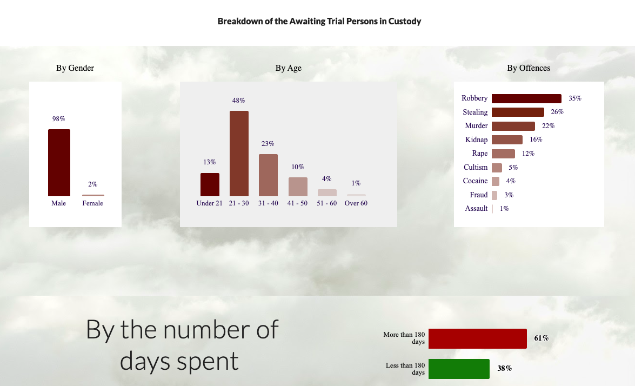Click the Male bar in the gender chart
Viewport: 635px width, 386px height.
[x=59, y=163]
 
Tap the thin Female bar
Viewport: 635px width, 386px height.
[x=93, y=195]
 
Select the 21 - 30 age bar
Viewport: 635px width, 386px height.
[x=239, y=154]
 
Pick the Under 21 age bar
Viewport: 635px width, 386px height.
[x=210, y=185]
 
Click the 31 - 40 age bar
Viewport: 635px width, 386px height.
[x=268, y=175]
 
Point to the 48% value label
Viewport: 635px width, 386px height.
[x=238, y=101]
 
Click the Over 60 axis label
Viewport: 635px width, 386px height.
[x=356, y=203]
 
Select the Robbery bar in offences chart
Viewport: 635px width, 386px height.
[x=526, y=98]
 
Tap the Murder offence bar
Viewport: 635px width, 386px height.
[x=513, y=126]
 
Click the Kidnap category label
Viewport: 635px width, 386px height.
[x=476, y=139]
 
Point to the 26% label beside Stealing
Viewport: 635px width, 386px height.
[x=557, y=112]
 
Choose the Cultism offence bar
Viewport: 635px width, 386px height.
[x=497, y=168]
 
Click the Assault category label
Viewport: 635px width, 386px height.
[x=476, y=209]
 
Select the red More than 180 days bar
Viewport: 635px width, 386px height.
[x=477, y=338]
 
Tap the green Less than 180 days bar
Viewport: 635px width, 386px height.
[x=459, y=369]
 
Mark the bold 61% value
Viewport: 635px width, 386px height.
[x=542, y=338]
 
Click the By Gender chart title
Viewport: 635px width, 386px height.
[x=75, y=68]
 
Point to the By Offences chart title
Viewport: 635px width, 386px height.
[x=529, y=68]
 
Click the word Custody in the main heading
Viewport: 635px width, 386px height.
[x=405, y=22]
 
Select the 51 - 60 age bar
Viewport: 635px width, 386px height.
[x=327, y=193]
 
